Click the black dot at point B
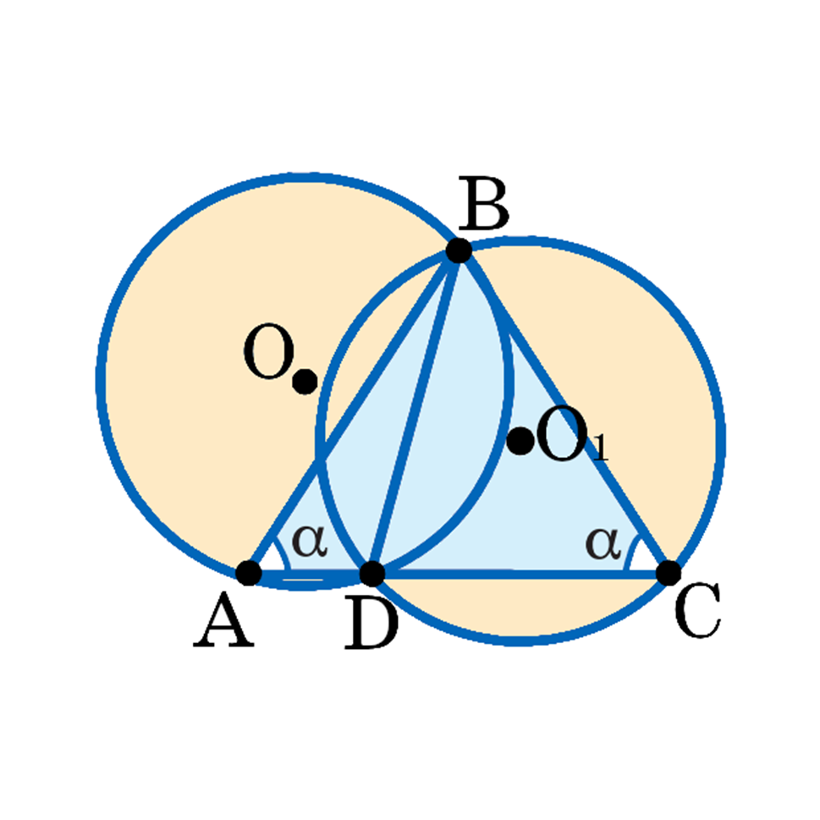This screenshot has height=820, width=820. tap(458, 250)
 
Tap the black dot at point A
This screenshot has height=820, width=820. tap(249, 573)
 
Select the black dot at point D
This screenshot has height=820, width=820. tap(372, 573)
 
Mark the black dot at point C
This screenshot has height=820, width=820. tap(668, 573)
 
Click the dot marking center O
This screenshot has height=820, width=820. tap(305, 382)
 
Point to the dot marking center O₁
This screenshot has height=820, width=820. tap(520, 440)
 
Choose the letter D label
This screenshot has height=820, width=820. tap(371, 627)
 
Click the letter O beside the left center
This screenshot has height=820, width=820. tap(267, 355)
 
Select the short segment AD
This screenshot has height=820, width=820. tap(311, 575)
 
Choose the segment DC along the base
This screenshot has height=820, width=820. tap(520, 574)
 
